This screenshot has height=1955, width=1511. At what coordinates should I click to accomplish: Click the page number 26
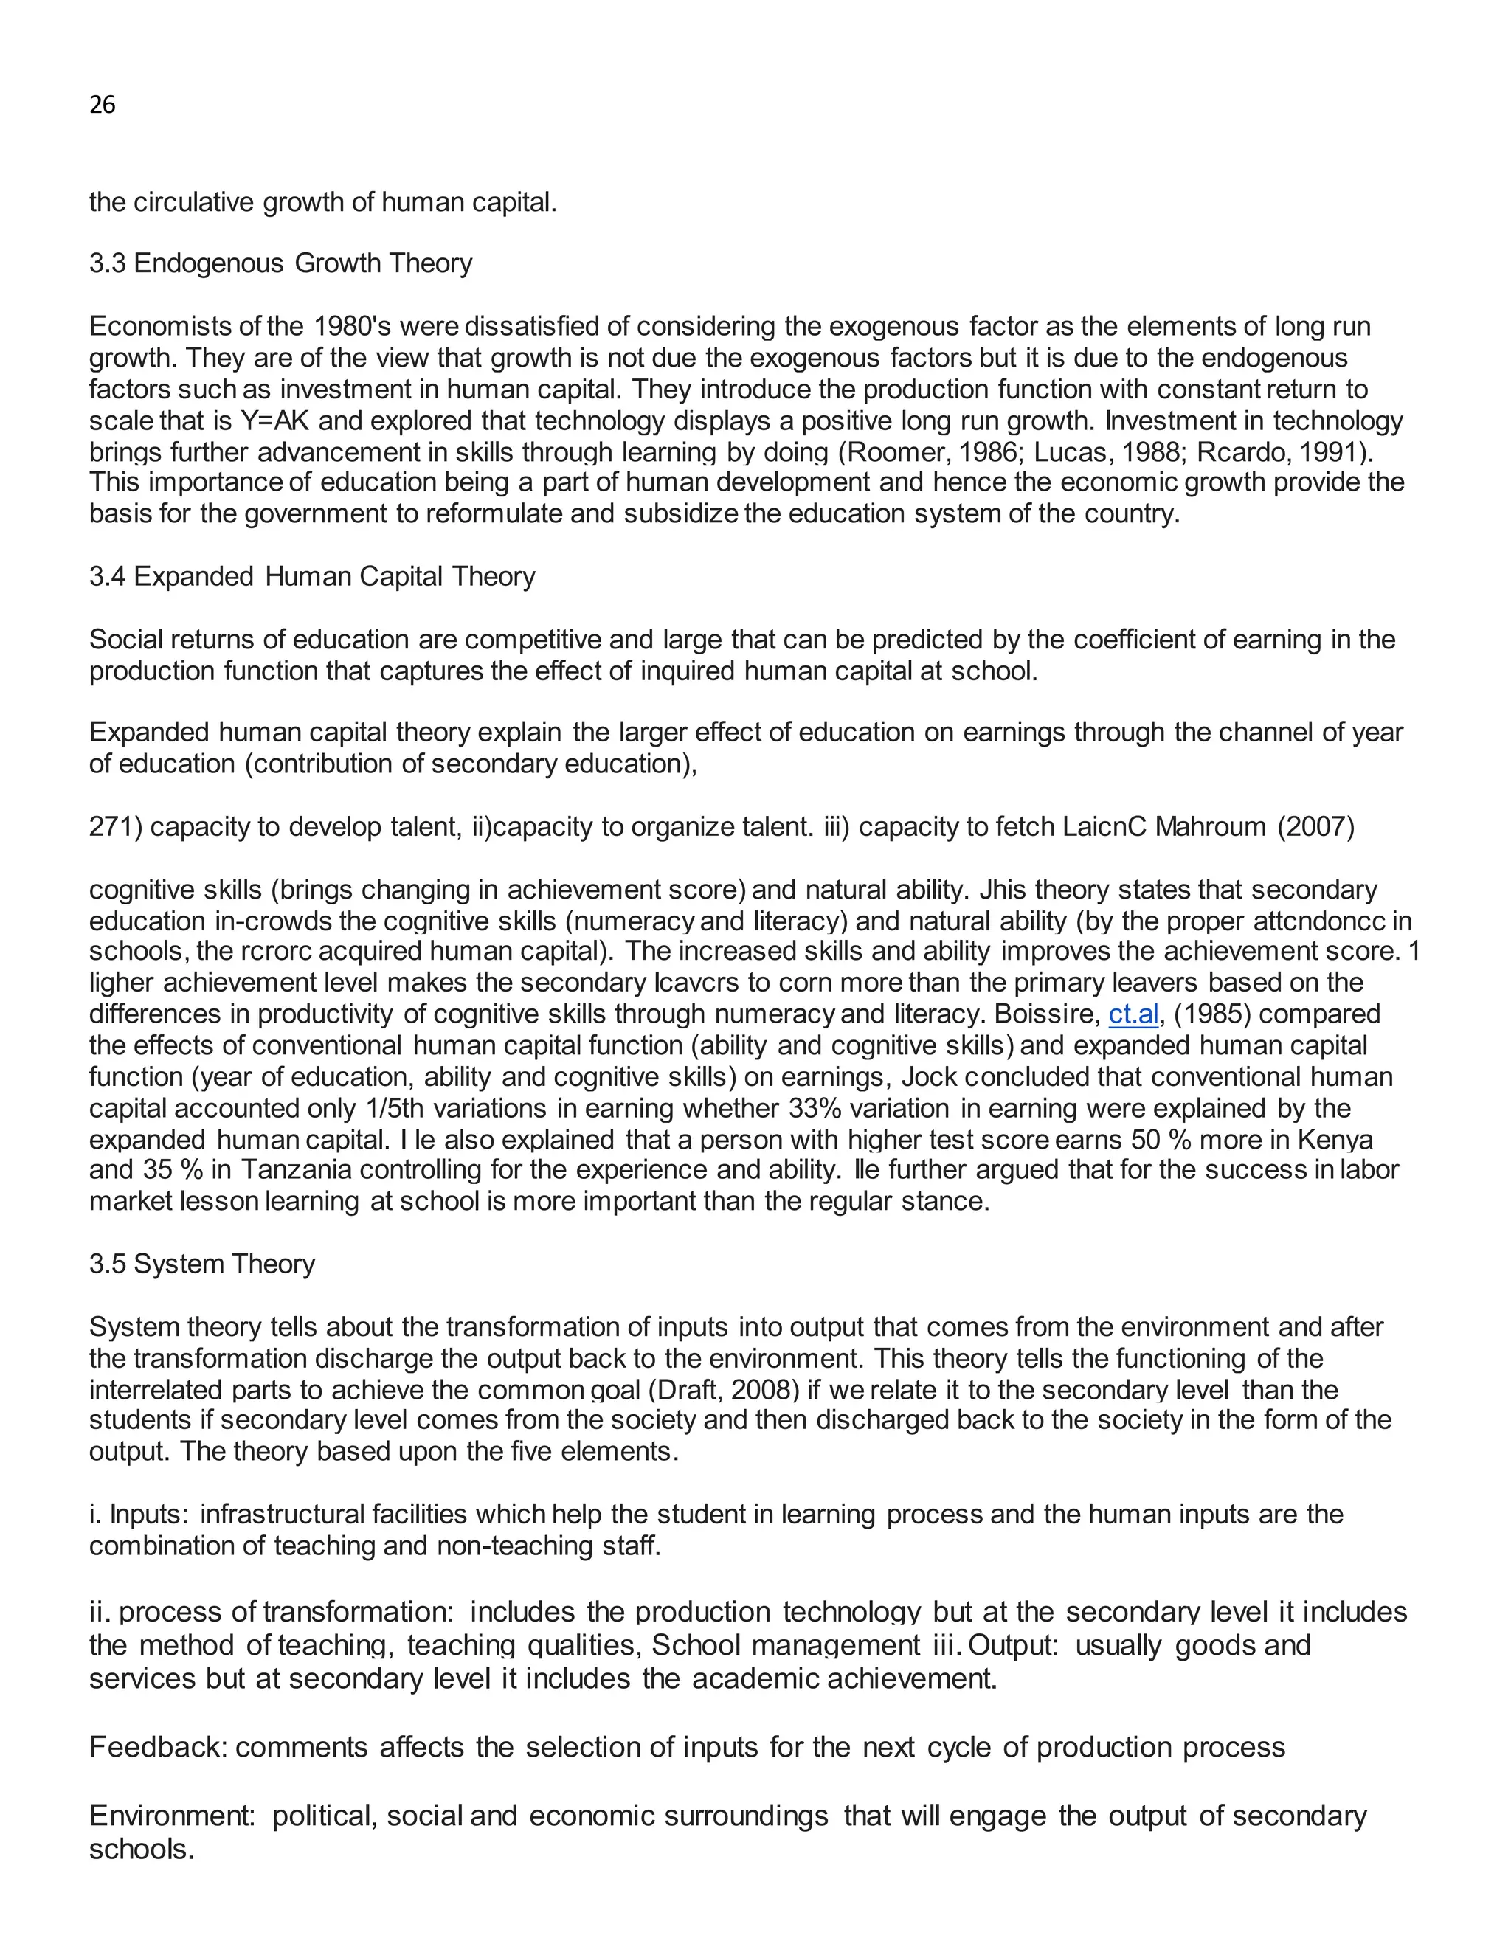click(102, 105)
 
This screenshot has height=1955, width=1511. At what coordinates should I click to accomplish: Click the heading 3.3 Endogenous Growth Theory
click(280, 263)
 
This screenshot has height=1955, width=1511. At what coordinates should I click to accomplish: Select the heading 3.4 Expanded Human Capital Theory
click(311, 576)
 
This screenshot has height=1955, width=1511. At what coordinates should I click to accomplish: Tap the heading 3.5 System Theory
click(201, 1264)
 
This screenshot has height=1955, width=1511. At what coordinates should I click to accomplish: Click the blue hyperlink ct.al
click(1133, 1014)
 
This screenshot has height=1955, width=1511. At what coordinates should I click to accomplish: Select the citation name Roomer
click(898, 451)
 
